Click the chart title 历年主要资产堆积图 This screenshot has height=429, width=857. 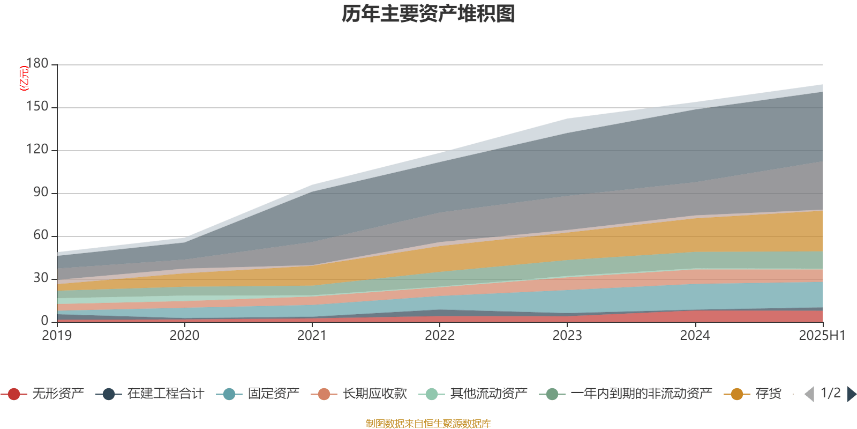point(428,14)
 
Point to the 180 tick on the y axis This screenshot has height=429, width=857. point(37,63)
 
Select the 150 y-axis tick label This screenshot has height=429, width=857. point(37,107)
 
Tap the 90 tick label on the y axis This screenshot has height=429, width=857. point(41,193)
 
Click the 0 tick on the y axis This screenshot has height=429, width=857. point(44,321)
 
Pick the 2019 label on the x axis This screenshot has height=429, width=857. point(57,336)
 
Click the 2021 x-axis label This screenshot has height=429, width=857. point(312,336)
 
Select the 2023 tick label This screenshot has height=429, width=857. point(567,336)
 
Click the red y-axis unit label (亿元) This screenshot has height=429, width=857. point(24,78)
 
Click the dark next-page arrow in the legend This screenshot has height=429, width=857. point(851,394)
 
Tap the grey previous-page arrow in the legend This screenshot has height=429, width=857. point(809,394)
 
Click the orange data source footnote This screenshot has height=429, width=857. point(428,424)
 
